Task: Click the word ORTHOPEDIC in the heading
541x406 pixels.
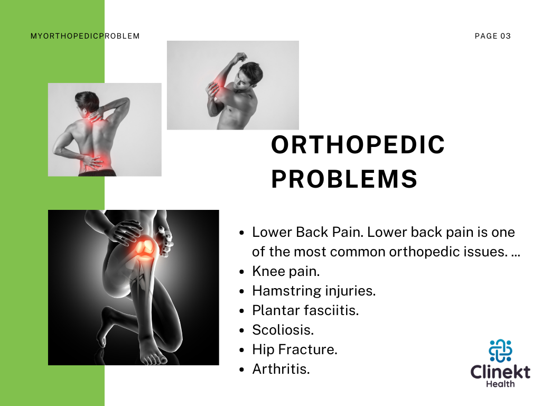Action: pyautogui.click(x=358, y=145)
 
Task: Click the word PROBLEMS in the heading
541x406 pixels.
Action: pyautogui.click(x=344, y=179)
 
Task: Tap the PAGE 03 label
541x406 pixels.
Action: pyautogui.click(x=492, y=36)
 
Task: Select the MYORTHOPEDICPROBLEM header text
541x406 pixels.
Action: pyautogui.click(x=85, y=36)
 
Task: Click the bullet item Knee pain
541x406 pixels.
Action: pyautogui.click(x=286, y=271)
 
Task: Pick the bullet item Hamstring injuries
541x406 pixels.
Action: pyautogui.click(x=314, y=291)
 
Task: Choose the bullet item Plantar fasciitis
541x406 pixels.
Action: pyautogui.click(x=305, y=310)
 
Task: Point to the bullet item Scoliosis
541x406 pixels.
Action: pyautogui.click(x=283, y=330)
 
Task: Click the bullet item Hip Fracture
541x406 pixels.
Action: pyautogui.click(x=295, y=349)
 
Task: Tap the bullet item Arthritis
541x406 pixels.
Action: pyautogui.click(x=281, y=369)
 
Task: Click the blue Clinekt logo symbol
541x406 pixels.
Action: pyautogui.click(x=500, y=350)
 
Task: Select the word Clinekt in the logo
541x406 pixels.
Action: pyautogui.click(x=500, y=372)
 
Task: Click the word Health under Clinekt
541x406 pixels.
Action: pyautogui.click(x=500, y=384)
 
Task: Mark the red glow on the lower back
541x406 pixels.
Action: pyautogui.click(x=90, y=163)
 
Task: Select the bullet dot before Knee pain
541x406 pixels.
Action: pyautogui.click(x=242, y=272)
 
